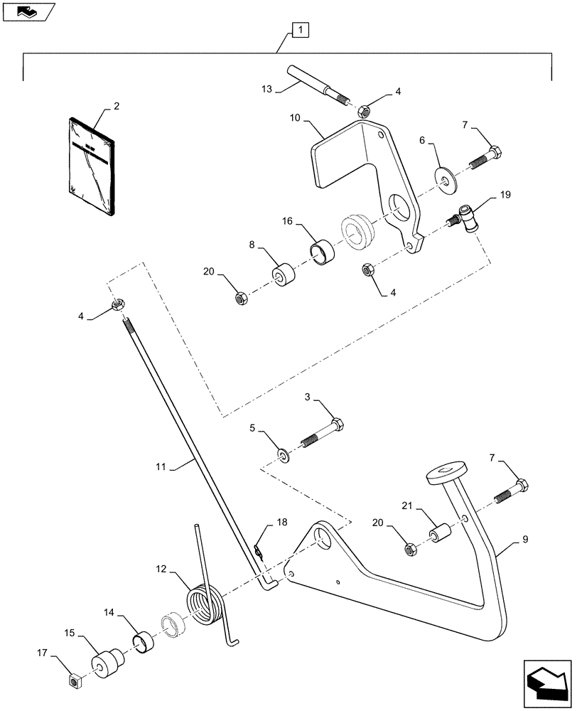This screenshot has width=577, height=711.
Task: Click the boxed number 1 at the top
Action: [300, 31]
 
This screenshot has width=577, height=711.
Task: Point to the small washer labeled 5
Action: [283, 453]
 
